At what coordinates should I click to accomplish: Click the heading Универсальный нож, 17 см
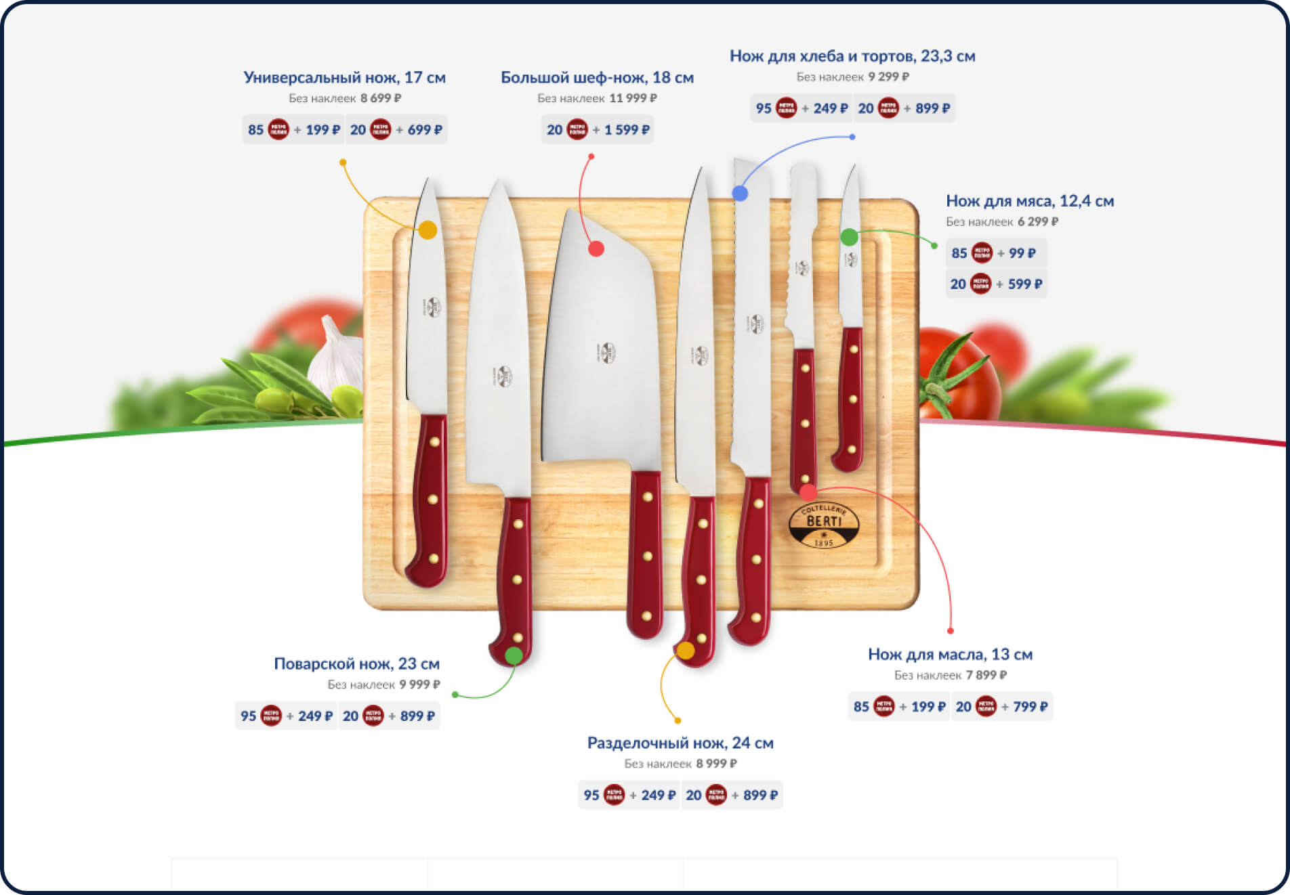click(x=344, y=77)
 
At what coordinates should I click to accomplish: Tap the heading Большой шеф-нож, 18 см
click(x=597, y=77)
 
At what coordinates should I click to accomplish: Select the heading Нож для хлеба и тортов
click(x=852, y=56)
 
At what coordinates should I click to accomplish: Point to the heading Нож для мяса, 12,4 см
click(x=1029, y=200)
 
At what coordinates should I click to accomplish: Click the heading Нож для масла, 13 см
click(x=950, y=654)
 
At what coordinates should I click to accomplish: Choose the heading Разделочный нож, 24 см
click(x=680, y=743)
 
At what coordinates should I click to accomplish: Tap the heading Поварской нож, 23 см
click(x=356, y=663)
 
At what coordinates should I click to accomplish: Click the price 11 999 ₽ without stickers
click(x=633, y=98)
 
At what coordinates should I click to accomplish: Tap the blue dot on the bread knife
click(x=740, y=194)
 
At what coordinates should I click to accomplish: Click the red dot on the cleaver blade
click(x=596, y=248)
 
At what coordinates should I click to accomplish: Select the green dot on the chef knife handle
click(x=514, y=655)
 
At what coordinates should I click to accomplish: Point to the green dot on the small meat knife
click(x=849, y=237)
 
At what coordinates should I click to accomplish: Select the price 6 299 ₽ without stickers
click(x=1037, y=221)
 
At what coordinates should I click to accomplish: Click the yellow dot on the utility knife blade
click(x=428, y=230)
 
